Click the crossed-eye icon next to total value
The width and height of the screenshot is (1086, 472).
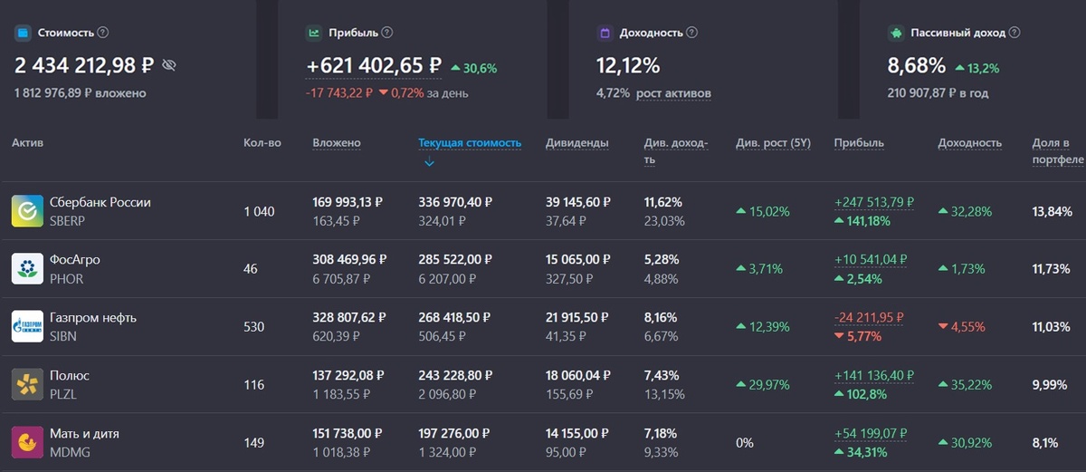(168, 65)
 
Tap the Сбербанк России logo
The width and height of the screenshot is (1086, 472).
(27, 211)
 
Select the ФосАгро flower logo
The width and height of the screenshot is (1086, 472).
(27, 269)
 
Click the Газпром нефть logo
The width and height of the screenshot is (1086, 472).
(27, 326)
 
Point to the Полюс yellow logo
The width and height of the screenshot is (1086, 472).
(27, 384)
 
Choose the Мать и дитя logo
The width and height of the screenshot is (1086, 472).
(27, 442)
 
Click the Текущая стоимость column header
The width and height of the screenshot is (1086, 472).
(470, 142)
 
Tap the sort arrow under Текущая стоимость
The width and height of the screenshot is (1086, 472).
(429, 162)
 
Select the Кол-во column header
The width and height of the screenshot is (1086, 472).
(262, 142)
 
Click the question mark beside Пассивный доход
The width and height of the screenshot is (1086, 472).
(1015, 33)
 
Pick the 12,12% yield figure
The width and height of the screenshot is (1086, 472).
(628, 65)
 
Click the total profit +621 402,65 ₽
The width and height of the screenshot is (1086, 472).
(374, 65)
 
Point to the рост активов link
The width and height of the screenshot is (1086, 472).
(673, 92)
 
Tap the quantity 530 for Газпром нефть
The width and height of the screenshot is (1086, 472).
(253, 326)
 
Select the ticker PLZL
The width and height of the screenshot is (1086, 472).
(63, 394)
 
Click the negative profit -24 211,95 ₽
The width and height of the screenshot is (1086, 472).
(869, 317)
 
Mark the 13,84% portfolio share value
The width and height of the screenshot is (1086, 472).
(1052, 211)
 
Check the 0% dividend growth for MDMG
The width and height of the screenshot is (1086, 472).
(745, 443)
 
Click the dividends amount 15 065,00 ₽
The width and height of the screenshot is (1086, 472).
(577, 259)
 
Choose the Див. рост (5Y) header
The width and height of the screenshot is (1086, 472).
(773, 142)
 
